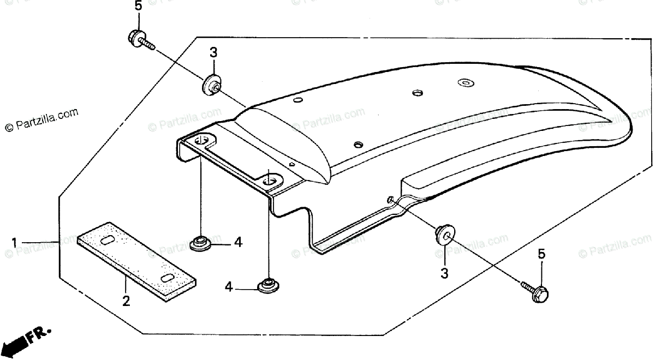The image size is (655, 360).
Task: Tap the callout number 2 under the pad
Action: coord(126,301)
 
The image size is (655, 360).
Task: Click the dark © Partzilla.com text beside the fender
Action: coord(41,120)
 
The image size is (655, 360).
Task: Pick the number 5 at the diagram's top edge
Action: coord(138,7)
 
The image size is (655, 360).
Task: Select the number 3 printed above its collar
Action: coord(213,53)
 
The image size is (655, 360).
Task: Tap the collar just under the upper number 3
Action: coord(211,86)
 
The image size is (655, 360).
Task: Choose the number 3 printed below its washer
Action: coord(444,273)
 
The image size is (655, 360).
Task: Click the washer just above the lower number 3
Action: coord(444,235)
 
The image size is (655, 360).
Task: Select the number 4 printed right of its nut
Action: coord(238,242)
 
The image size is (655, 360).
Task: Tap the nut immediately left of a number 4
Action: coord(201,242)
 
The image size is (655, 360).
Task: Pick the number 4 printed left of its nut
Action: coord(229,286)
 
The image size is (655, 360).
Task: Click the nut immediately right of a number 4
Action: coord(266,285)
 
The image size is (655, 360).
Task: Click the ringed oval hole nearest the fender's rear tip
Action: coord(465,83)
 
